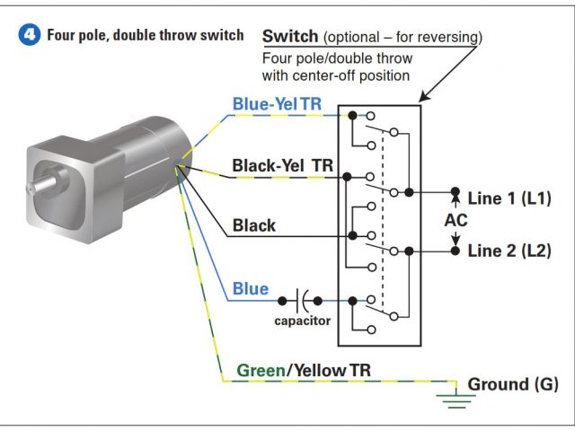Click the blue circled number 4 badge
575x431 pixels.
[30, 37]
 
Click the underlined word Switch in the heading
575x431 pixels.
[289, 37]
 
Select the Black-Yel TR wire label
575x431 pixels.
[280, 166]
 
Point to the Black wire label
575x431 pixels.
[254, 225]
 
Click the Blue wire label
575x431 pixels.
[250, 288]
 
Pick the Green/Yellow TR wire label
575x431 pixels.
[304, 370]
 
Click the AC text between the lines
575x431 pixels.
[456, 222]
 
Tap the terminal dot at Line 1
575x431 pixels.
[456, 193]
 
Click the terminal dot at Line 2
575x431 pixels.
[456, 251]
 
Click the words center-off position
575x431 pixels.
[354, 75]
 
